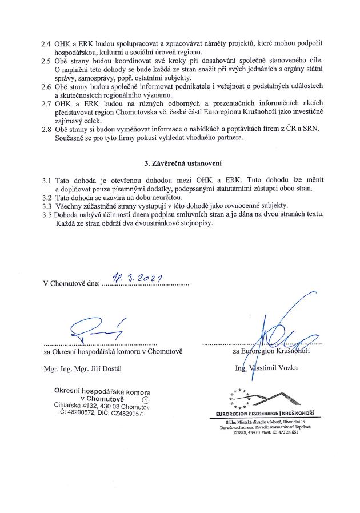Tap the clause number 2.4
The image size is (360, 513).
pyautogui.click(x=46, y=43)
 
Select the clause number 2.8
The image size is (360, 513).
pyautogui.click(x=46, y=129)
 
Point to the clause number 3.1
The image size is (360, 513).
pyautogui.click(x=46, y=180)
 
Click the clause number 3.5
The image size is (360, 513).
pyautogui.click(x=46, y=214)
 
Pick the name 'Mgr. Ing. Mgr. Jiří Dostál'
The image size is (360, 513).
pyautogui.click(x=82, y=368)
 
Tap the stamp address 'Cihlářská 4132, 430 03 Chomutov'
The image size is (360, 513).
pyautogui.click(x=101, y=406)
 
